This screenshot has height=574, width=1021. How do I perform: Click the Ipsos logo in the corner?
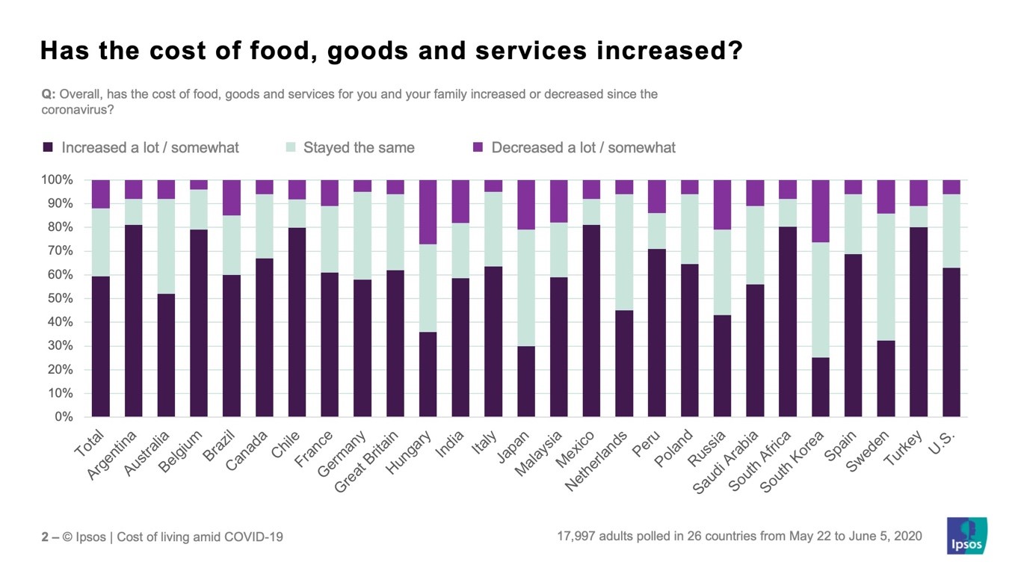click(966, 536)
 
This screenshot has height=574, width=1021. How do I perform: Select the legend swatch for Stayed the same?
click(291, 147)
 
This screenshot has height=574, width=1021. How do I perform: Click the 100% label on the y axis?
click(57, 180)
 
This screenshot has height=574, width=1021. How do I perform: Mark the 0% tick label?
click(63, 417)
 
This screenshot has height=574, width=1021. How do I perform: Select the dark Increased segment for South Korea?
click(821, 387)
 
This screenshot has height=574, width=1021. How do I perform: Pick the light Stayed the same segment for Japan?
click(526, 288)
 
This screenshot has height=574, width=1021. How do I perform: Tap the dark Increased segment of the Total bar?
click(101, 346)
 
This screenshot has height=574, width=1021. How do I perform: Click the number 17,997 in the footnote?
click(576, 536)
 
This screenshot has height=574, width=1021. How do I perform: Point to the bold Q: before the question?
click(48, 95)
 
